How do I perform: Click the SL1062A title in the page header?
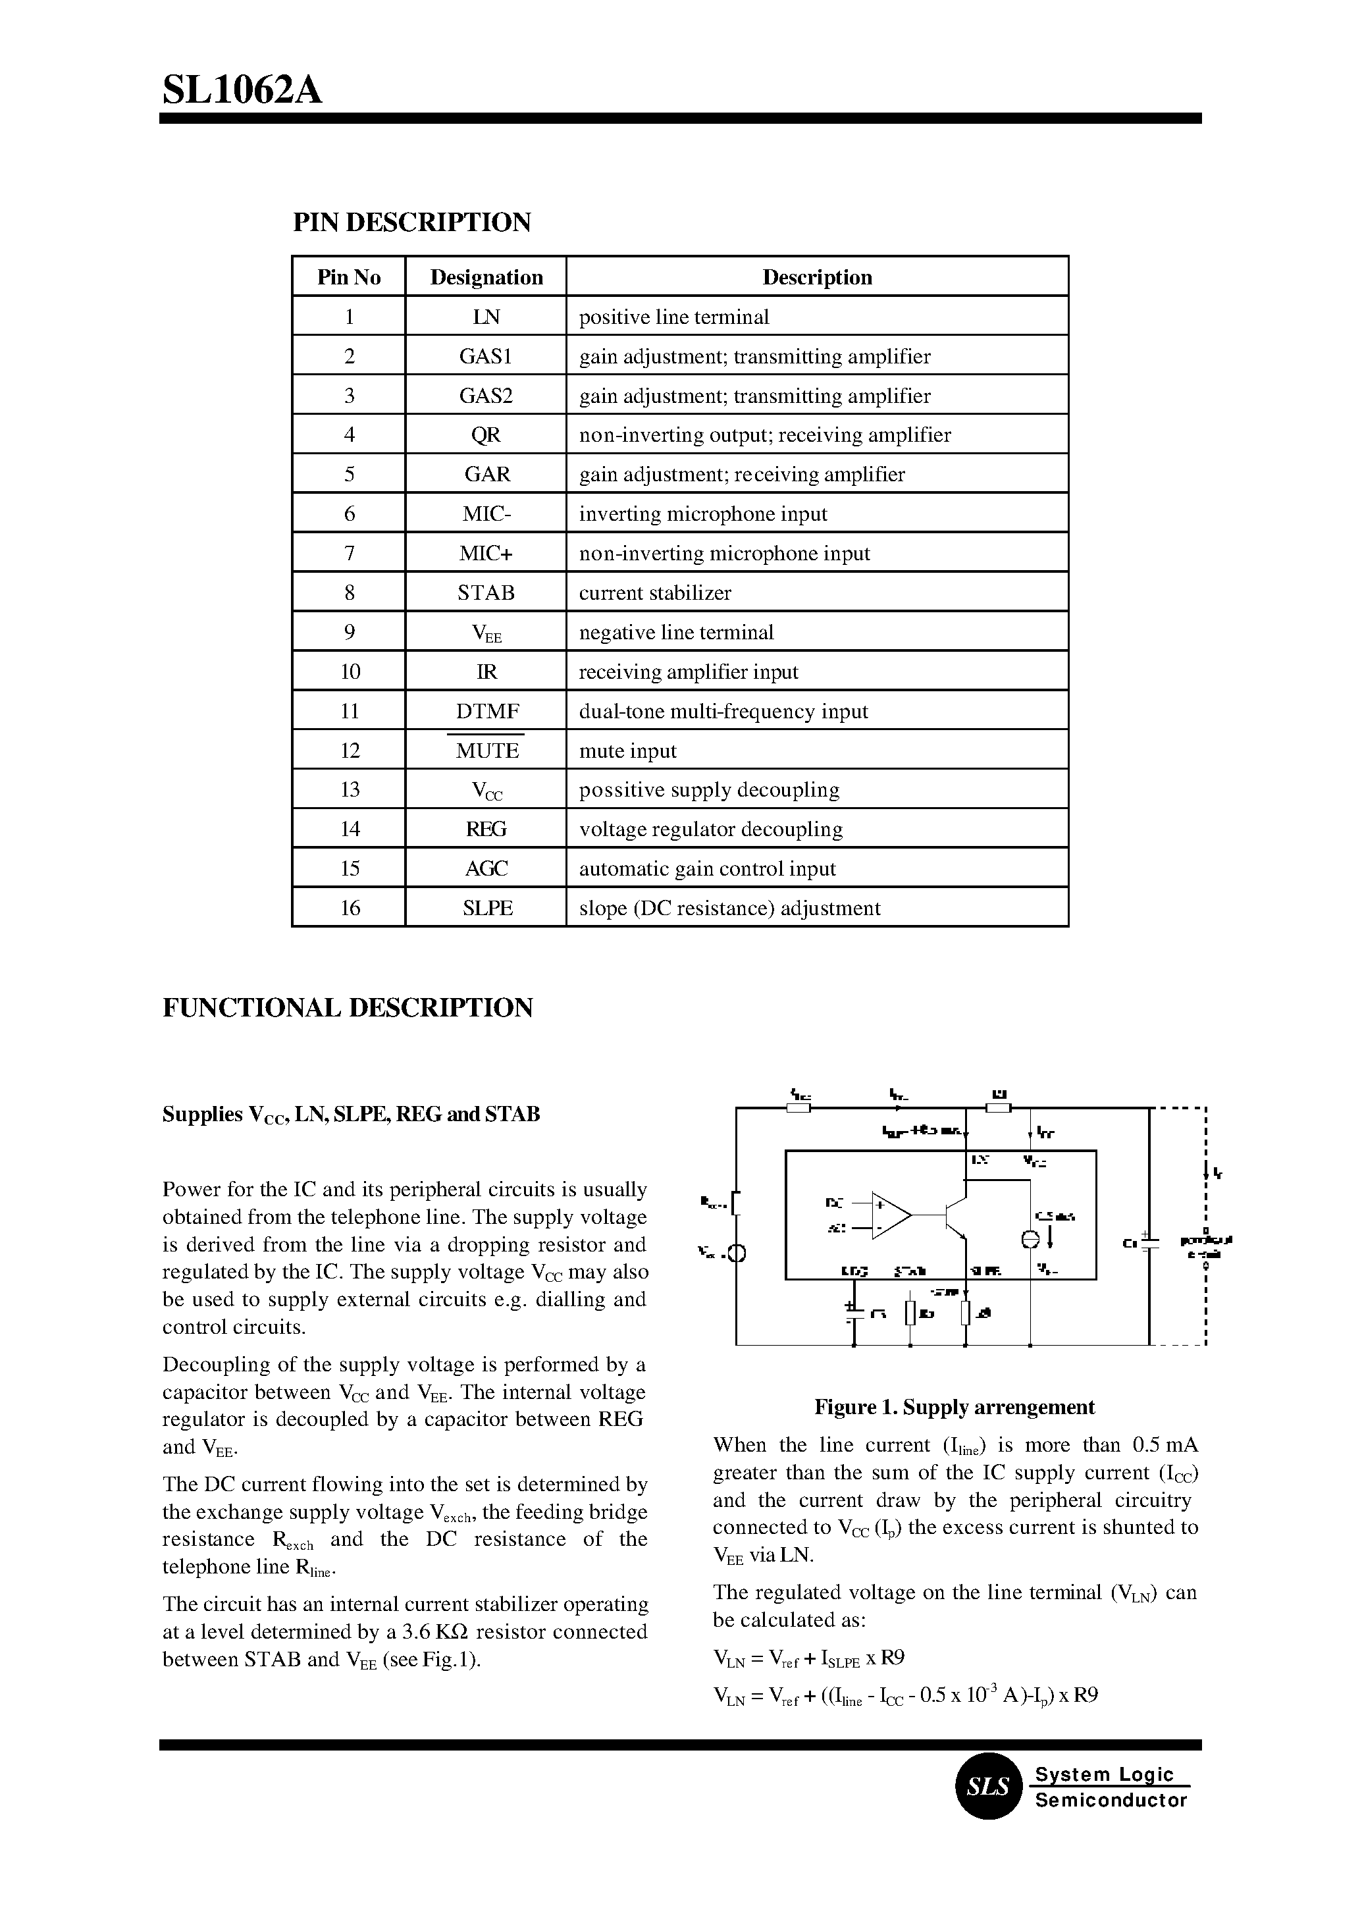242,90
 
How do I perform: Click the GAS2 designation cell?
486,396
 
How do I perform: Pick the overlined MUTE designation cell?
487,751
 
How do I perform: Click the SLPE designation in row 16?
487,909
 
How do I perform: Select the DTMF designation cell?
487,711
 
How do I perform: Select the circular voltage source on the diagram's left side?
737,1255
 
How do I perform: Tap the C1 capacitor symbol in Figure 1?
1150,1242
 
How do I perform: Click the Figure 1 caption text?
954,1407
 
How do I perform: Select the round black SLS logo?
989,1787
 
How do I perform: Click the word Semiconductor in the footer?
1111,1800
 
